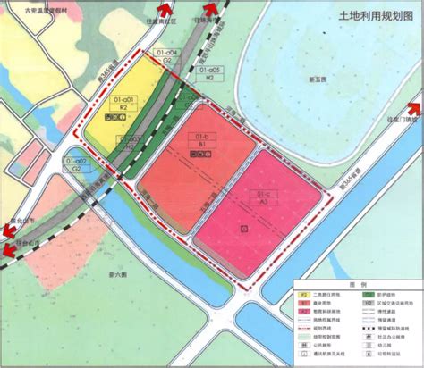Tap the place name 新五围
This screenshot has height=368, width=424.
point(319,80)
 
